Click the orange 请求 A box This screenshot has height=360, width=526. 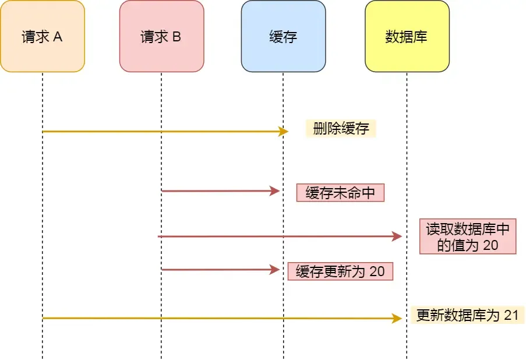point(43,36)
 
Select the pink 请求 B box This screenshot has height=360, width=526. point(161,36)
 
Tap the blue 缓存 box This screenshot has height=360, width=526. point(283,36)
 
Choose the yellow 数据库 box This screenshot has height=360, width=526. point(407,36)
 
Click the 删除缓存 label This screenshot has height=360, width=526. point(341,129)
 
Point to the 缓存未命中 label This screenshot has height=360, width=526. point(340,193)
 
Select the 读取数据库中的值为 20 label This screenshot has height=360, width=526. point(468,237)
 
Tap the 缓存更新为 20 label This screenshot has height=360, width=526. point(340,271)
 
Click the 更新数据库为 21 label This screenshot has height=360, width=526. point(467,315)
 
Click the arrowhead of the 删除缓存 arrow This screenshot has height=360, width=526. point(284,132)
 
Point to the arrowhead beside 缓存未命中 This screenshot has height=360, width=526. point(276,191)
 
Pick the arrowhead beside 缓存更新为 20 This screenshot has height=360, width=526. point(276,270)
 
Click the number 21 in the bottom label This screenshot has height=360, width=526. point(511,315)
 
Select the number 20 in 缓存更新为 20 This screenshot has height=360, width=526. point(377,271)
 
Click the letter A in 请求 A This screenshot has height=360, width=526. point(58,37)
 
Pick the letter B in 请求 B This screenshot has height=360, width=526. point(176,37)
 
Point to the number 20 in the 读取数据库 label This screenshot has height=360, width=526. point(490,245)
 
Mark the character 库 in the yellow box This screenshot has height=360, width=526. point(421,37)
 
